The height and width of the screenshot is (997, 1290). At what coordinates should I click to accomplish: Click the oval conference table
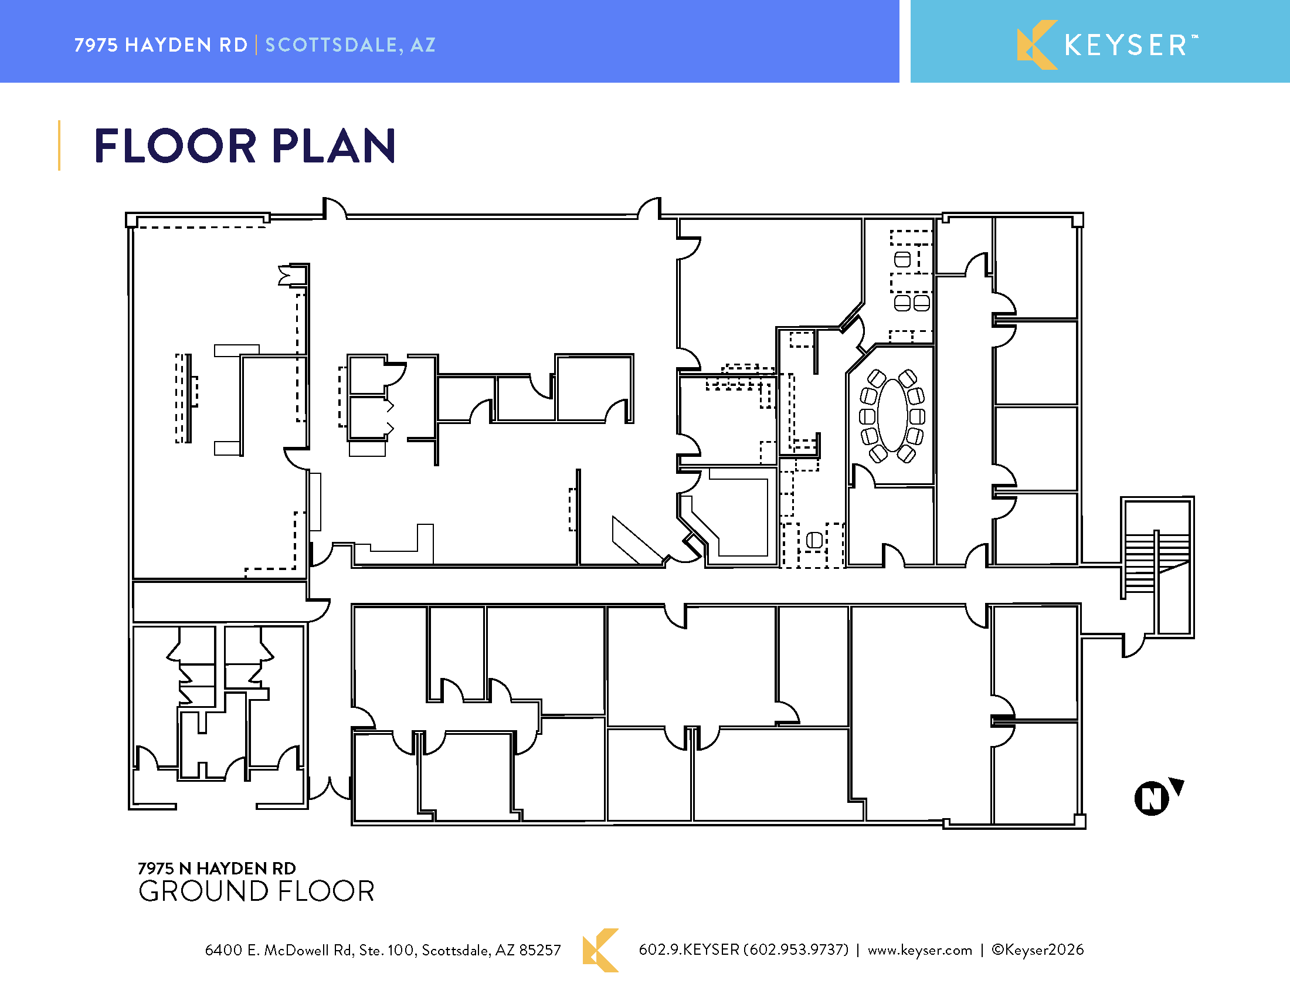(x=892, y=415)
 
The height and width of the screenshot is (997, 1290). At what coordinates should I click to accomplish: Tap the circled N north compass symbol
(x=1151, y=798)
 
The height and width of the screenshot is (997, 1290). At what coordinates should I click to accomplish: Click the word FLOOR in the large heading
(x=175, y=146)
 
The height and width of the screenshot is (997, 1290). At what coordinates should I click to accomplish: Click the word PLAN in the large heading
(x=334, y=146)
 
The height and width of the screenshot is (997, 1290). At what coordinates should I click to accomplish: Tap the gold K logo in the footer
(x=600, y=949)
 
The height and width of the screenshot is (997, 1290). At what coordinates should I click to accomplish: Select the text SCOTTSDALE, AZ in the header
(x=350, y=45)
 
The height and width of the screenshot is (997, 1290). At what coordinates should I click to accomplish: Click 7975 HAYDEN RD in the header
(x=161, y=45)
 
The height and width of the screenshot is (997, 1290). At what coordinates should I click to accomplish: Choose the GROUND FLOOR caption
(x=256, y=891)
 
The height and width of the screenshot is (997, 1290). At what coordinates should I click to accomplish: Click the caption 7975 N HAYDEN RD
(x=217, y=868)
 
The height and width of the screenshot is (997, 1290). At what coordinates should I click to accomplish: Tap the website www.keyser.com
(x=919, y=949)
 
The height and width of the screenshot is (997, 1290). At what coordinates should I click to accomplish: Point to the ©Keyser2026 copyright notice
(x=1038, y=949)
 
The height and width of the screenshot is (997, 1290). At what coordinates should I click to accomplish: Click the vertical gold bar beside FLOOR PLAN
(x=59, y=145)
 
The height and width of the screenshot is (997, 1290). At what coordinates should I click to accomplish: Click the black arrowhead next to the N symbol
(x=1178, y=786)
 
